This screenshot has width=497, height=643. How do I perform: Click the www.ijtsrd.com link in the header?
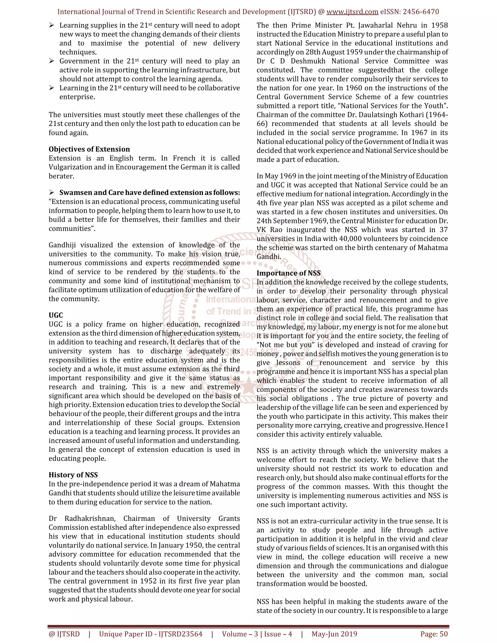tap(352, 12)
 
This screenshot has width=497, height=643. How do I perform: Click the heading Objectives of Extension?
tap(89, 149)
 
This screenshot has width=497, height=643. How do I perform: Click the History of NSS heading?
tap(73, 475)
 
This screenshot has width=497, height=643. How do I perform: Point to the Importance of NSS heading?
tap(289, 273)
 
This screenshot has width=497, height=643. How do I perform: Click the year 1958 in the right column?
tap(439, 25)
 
